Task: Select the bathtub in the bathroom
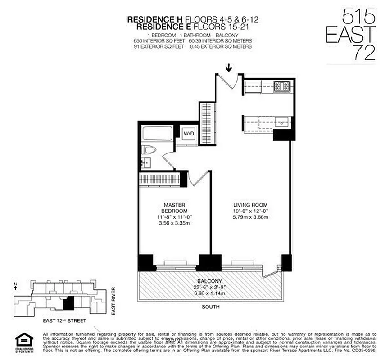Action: pos(157,134)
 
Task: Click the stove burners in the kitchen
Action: pos(283,85)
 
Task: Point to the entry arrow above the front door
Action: pos(229,68)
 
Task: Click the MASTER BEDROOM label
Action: pos(174,208)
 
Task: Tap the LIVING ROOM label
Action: pos(248,205)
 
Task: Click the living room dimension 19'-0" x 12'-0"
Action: pos(248,211)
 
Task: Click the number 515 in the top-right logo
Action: pos(358,18)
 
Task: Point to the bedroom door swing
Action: pos(196,178)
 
